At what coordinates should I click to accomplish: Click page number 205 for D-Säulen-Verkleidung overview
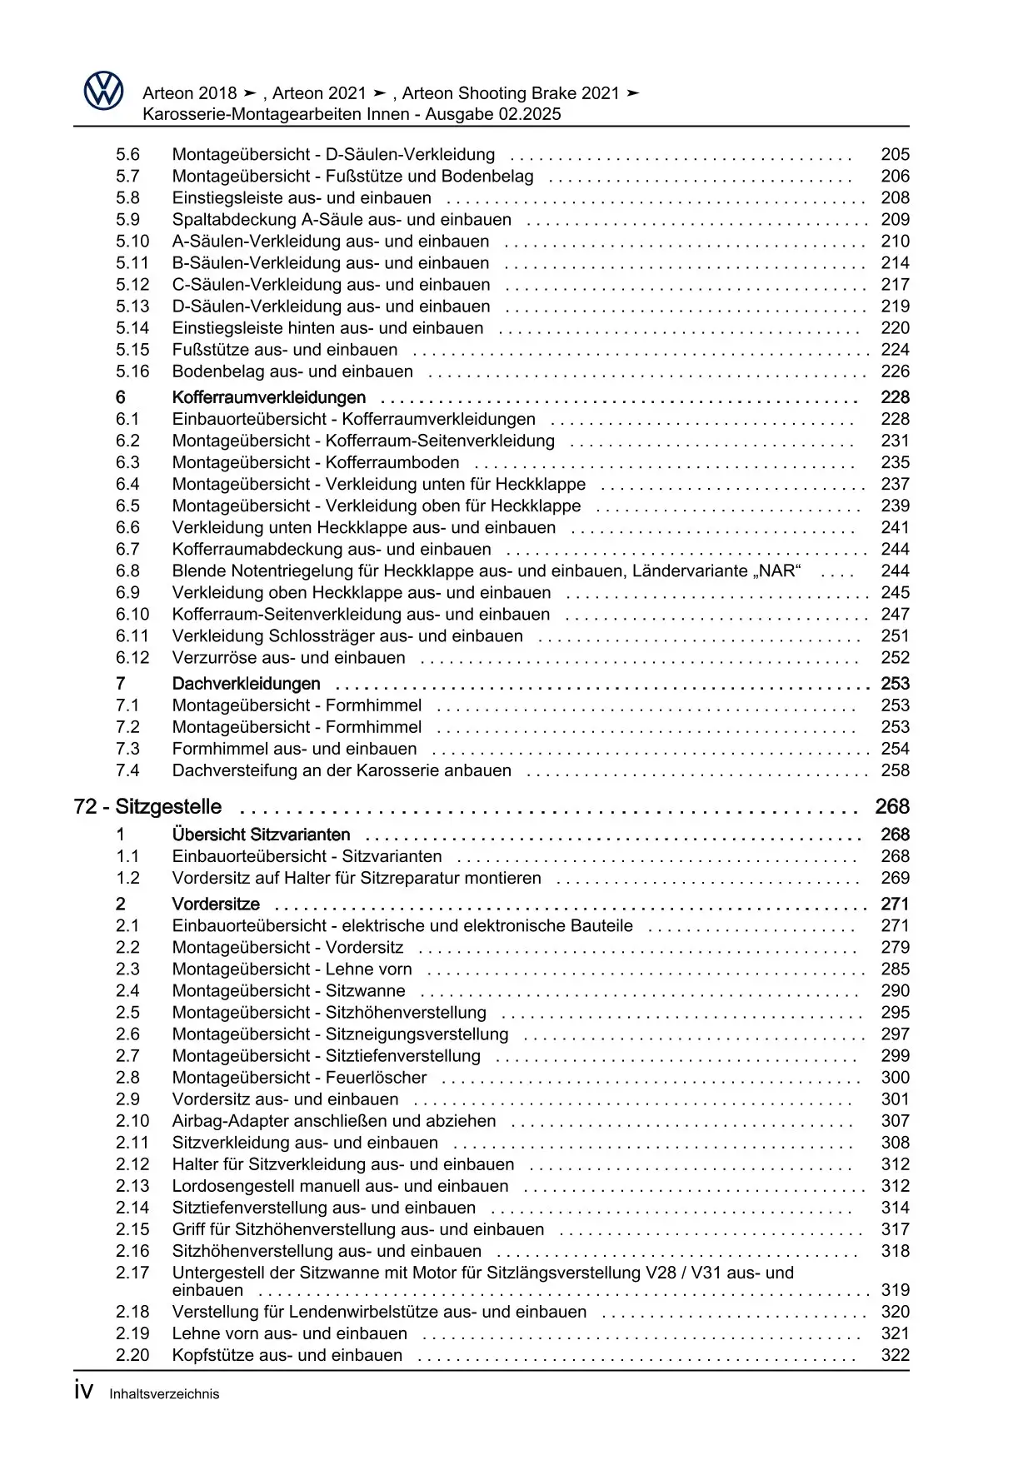pos(895,155)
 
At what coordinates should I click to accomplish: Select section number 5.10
pos(132,242)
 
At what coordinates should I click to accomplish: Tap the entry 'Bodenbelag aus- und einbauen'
pos(292,371)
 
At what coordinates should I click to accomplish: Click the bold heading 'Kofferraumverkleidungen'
pos(268,397)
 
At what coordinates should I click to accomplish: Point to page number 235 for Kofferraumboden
pos(895,463)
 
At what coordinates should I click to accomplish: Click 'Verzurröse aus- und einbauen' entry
pos(288,658)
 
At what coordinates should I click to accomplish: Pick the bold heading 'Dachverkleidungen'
pos(246,684)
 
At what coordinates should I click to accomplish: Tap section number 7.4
pos(127,770)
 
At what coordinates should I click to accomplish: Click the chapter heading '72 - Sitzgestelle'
pos(147,807)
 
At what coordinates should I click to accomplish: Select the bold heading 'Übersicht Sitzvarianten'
pos(261,835)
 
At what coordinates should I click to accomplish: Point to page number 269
pos(895,878)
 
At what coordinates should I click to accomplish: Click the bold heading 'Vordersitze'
pos(216,904)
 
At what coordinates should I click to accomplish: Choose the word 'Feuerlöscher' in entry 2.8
pos(376,1078)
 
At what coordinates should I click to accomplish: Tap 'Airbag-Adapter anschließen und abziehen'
pos(333,1121)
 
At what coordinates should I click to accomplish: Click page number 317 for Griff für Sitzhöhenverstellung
pos(895,1229)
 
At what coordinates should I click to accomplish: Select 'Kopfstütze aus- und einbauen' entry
pos(287,1355)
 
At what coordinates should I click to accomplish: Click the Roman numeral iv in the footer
pos(83,1392)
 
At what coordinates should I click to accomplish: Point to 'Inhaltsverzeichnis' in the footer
pos(164,1394)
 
